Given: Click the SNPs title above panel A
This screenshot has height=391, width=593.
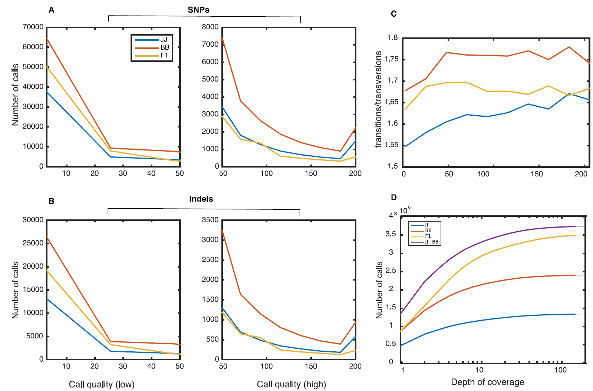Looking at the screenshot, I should click(198, 10).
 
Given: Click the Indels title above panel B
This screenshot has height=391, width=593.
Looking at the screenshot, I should click(201, 199).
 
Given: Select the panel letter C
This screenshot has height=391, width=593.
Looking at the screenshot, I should click(394, 14).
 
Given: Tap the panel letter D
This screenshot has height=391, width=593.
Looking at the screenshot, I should click(394, 198).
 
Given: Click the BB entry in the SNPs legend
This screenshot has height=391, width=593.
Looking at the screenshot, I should click(165, 47).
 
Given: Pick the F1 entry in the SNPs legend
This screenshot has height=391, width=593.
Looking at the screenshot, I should click(164, 55).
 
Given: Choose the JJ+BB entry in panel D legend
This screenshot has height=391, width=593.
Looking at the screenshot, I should click(432, 242).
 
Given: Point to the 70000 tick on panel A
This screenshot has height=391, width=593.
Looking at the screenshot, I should click(33, 27).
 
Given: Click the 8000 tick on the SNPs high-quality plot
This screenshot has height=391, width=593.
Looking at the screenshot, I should click(210, 27).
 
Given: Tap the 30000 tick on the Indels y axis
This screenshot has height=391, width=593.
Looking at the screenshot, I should click(33, 220).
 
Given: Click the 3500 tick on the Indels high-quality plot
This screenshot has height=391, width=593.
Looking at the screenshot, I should click(210, 220).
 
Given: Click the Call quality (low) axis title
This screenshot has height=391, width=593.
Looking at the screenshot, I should click(102, 384).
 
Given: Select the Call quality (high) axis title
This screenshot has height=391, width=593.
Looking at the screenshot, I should click(291, 384).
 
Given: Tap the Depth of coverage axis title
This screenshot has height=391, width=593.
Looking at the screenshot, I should click(487, 382).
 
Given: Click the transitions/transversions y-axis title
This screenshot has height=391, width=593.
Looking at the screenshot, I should click(378, 99).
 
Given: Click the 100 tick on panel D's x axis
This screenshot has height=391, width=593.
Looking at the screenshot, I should click(560, 370).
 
